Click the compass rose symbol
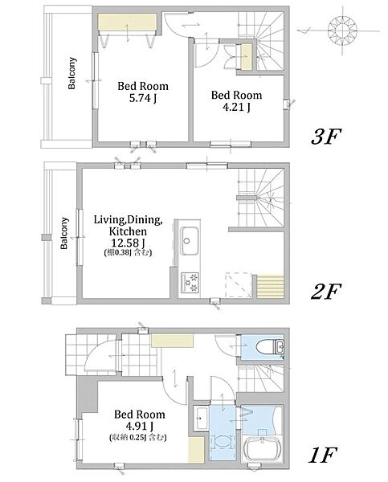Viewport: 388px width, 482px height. (x=342, y=30)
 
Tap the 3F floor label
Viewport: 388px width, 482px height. (x=326, y=137)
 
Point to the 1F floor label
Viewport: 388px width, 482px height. (x=322, y=455)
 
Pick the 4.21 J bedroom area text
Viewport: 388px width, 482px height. (x=236, y=107)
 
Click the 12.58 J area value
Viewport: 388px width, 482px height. (x=128, y=243)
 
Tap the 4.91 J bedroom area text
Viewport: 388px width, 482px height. (x=139, y=426)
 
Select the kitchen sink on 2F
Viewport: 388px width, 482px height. (x=189, y=241)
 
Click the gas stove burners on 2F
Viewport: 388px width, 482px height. (x=190, y=283)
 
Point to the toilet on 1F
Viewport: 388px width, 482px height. (x=270, y=346)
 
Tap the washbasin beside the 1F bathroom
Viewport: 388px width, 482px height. (x=201, y=418)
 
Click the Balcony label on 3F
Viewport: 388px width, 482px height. (x=72, y=73)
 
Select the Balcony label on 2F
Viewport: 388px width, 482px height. (x=64, y=233)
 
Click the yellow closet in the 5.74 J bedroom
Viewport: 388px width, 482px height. (x=128, y=22)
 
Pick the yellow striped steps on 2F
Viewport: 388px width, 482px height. (x=270, y=286)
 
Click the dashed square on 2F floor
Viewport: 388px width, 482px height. (x=239, y=284)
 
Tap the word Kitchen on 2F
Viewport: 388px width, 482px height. (x=128, y=231)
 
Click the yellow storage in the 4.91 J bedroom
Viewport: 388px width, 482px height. (x=196, y=450)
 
